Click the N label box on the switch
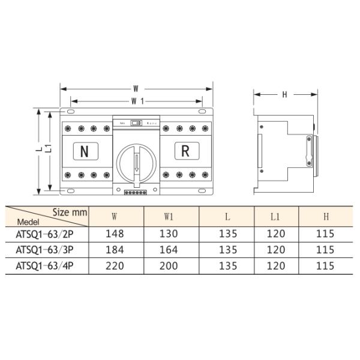[x=85, y=151]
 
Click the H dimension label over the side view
[x=284, y=94]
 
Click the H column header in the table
[x=325, y=215]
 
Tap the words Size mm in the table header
[x=70, y=212]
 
